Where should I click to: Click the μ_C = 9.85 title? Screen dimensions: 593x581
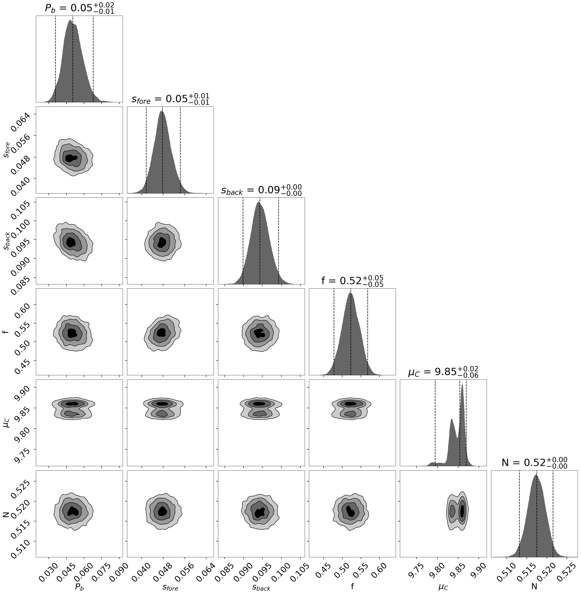443,372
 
